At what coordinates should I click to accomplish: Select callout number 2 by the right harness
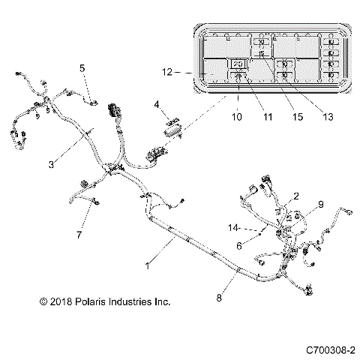click(x=296, y=196)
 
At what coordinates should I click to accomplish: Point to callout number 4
click(x=157, y=103)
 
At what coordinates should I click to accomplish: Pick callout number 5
click(x=82, y=68)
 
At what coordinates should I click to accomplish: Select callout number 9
click(x=320, y=203)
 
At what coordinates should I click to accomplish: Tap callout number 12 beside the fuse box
click(x=166, y=72)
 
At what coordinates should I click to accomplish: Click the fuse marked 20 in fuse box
click(x=238, y=64)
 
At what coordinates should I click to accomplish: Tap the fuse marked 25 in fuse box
click(x=238, y=75)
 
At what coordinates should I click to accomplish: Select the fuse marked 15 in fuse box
click(x=261, y=54)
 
